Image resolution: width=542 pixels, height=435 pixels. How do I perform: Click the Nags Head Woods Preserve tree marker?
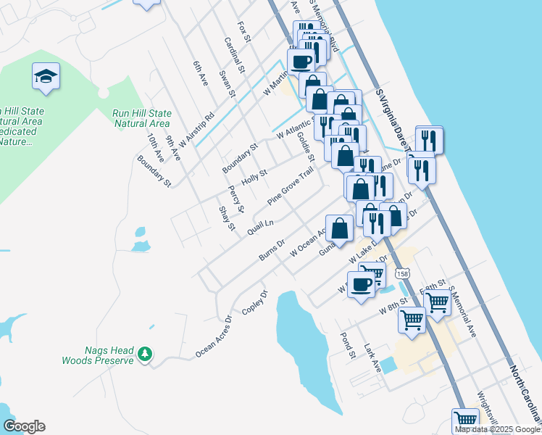(x=146, y=353)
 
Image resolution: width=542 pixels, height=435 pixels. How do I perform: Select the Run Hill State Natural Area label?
(x=142, y=118)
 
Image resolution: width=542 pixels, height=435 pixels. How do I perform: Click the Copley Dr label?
(x=255, y=302)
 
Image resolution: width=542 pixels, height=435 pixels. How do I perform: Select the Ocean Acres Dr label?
(x=213, y=337)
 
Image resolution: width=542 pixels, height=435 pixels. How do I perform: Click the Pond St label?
(x=348, y=346)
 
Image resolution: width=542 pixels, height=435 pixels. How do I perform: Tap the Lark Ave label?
(x=373, y=358)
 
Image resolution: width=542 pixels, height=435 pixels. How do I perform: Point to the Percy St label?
(x=234, y=195)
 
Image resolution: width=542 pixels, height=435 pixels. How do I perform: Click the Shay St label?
(x=228, y=217)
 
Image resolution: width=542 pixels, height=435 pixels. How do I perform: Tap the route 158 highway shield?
(x=404, y=273)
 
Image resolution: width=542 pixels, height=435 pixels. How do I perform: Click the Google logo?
(x=24, y=426)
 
